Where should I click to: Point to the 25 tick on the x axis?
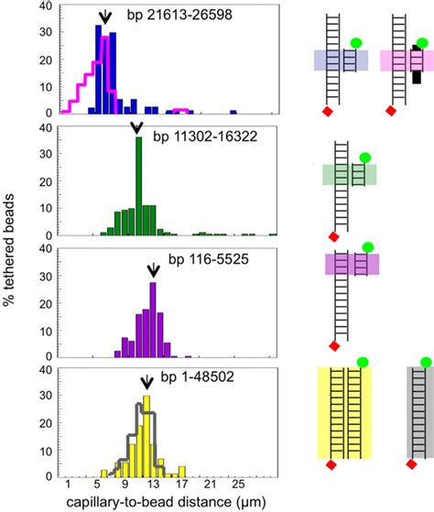236,486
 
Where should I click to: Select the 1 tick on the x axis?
68,486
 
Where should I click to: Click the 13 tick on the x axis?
153,486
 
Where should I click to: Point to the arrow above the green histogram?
137,127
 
